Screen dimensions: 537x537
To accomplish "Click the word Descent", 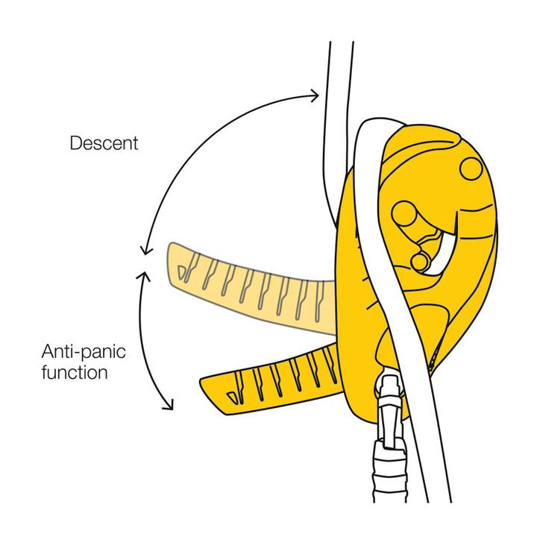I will [x=104, y=143].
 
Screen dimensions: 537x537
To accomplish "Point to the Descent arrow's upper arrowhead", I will [x=315, y=95].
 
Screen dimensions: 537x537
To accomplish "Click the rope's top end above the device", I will [x=339, y=52].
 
